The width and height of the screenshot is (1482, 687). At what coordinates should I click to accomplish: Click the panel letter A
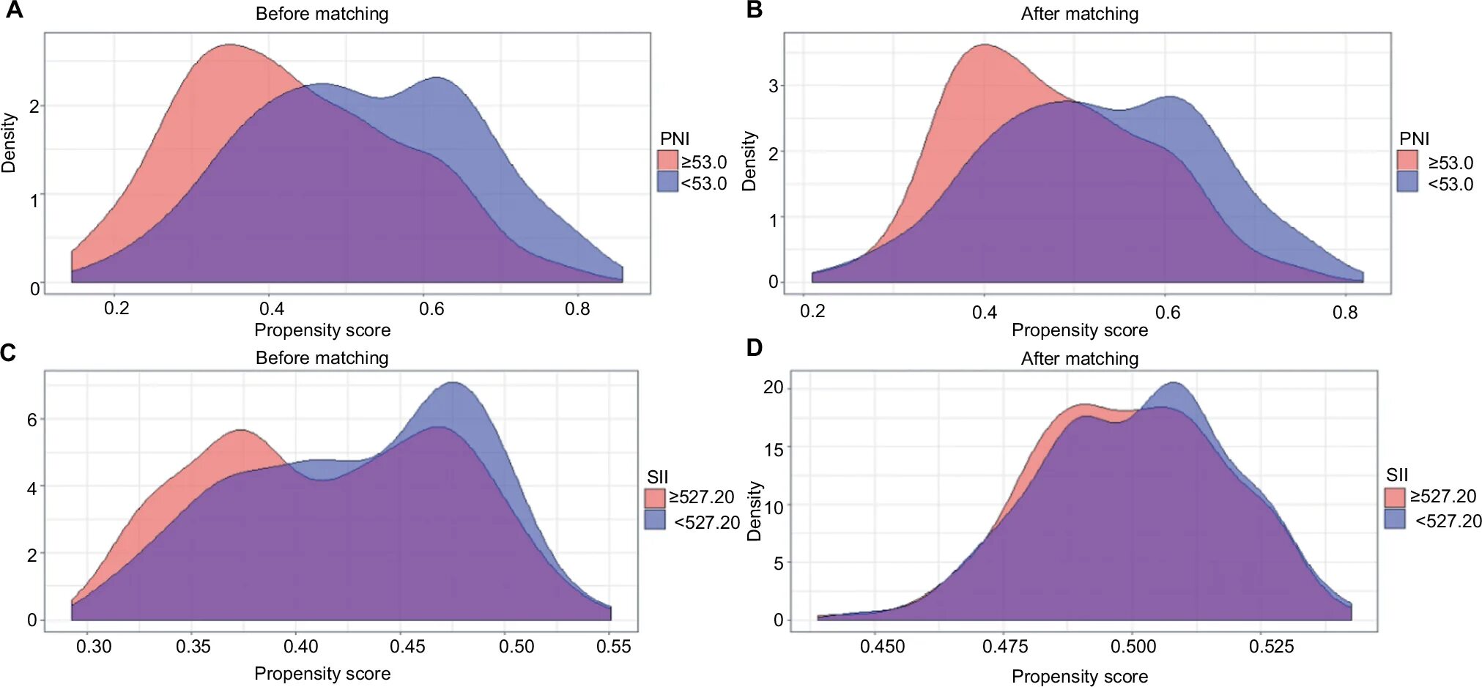click(14, 10)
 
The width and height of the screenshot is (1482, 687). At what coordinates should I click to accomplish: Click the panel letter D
click(755, 348)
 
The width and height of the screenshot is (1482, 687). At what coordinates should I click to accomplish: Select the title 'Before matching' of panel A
click(322, 14)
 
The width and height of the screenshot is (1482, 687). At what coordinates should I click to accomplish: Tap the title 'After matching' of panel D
click(1079, 358)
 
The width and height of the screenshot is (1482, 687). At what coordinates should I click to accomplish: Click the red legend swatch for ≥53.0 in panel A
click(667, 160)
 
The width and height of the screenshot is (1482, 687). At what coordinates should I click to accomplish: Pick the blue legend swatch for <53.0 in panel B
click(1407, 182)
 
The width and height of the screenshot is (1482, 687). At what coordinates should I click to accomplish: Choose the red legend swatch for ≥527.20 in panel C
click(655, 498)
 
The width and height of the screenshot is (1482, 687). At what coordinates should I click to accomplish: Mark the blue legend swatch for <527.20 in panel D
click(1395, 519)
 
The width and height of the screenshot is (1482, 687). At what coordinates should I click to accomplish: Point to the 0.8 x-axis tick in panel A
click(577, 309)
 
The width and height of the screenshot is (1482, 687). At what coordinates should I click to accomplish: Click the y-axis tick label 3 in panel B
click(773, 86)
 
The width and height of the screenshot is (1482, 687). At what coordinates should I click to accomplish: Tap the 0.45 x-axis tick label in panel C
click(407, 647)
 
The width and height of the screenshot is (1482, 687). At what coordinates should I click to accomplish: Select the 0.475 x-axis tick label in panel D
click(1005, 647)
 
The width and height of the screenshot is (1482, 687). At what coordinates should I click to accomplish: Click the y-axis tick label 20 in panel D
click(773, 387)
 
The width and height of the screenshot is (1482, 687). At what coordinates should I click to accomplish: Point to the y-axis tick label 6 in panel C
click(32, 420)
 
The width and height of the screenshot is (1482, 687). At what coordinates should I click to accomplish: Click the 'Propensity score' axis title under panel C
click(322, 674)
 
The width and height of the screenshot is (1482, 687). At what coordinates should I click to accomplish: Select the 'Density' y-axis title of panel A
click(9, 143)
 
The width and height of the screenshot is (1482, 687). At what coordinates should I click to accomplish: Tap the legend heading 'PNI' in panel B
click(1414, 138)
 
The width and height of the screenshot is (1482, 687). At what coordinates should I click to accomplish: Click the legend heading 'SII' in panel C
click(657, 477)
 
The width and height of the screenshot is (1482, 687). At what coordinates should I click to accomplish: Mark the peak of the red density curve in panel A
click(231, 45)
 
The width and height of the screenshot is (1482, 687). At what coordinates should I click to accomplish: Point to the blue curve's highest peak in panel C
click(453, 382)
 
